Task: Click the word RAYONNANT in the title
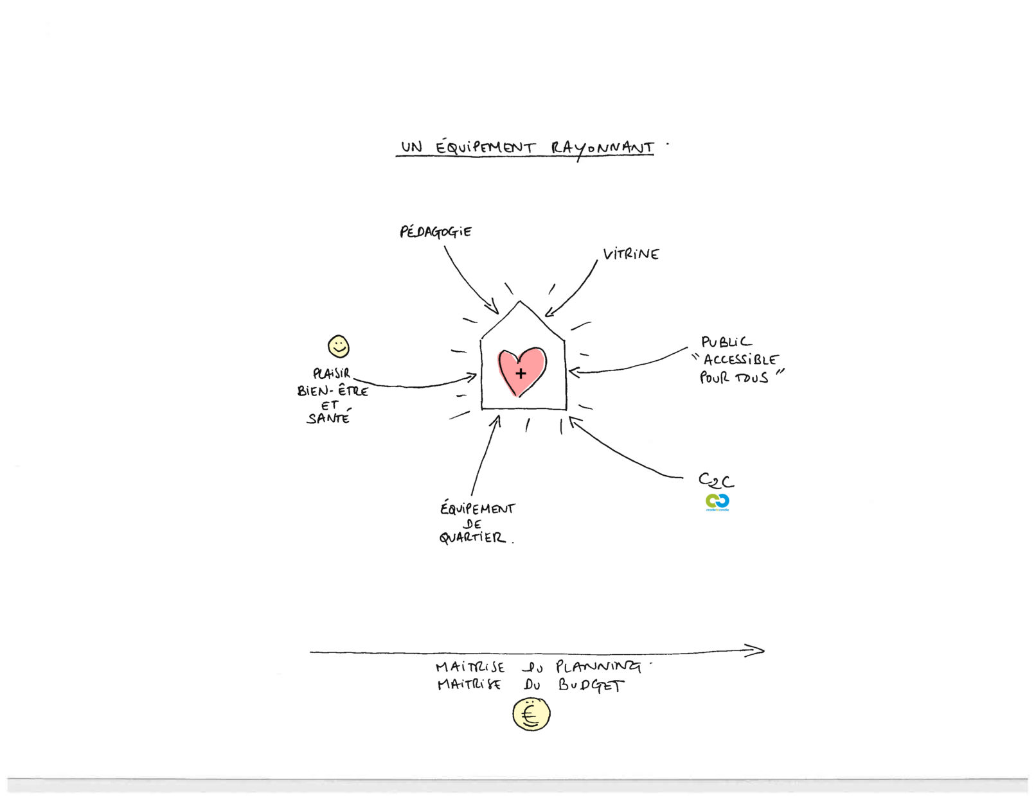pos(602,148)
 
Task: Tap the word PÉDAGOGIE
pos(436,232)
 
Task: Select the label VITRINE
pos(631,254)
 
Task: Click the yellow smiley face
pos(339,347)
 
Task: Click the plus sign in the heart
pos(521,373)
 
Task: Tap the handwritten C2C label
pos(716,481)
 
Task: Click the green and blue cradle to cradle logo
pos(717,502)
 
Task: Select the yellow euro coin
pos(531,715)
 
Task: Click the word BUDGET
pos(591,685)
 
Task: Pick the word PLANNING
pos(598,666)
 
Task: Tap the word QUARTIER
pos(472,538)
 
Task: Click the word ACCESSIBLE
pos(740,360)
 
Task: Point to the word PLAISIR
pos(332,373)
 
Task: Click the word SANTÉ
pos(328,419)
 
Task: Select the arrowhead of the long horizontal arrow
pos(757,650)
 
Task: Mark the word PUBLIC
pos(726,342)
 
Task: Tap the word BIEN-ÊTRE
pos(333,390)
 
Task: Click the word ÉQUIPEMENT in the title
pos(485,148)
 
